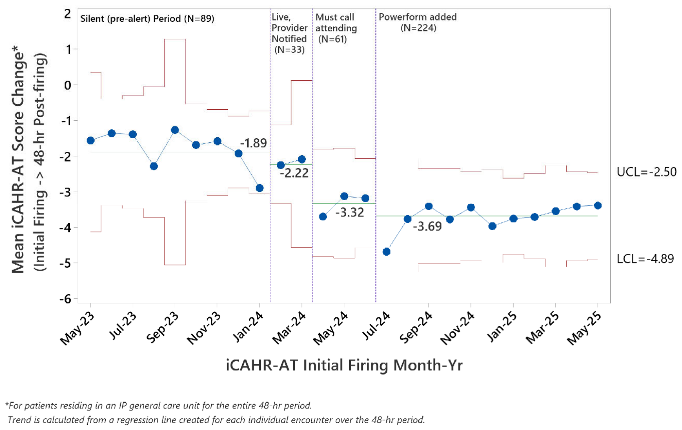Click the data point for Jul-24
pyautogui.click(x=386, y=252)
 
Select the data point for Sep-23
pyautogui.click(x=175, y=130)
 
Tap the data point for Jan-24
pyautogui.click(x=259, y=188)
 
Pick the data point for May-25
pyautogui.click(x=598, y=206)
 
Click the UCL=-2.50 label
pyautogui.click(x=646, y=172)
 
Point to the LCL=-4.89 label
pyautogui.click(x=645, y=259)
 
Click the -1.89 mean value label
pyautogui.click(x=253, y=143)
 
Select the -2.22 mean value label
pyautogui.click(x=294, y=173)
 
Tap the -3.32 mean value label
pyautogui.click(x=350, y=212)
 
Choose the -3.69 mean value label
pyautogui.click(x=427, y=226)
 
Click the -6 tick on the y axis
pyautogui.click(x=66, y=299)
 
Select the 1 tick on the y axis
pyautogui.click(x=68, y=49)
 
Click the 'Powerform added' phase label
pyautogui.click(x=418, y=17)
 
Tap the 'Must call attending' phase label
pyautogui.click(x=336, y=23)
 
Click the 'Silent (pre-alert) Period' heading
pyautogui.click(x=131, y=19)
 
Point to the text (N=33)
pyautogui.click(x=289, y=50)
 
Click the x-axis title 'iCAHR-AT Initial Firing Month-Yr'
pyautogui.click(x=344, y=366)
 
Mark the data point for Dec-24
pyautogui.click(x=492, y=226)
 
